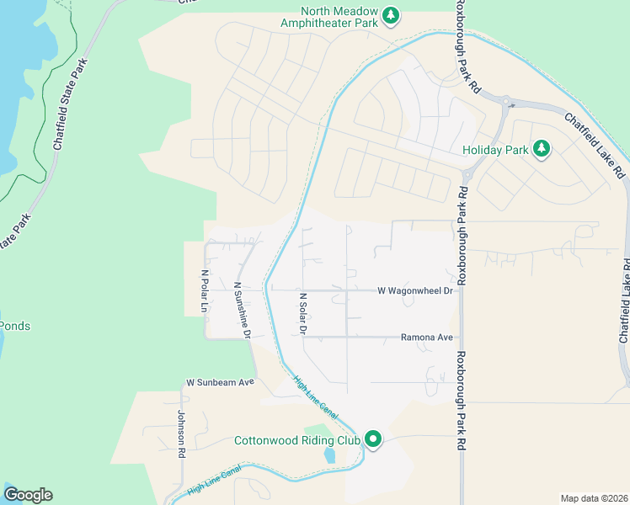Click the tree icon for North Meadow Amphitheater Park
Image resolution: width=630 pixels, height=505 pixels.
(390, 14)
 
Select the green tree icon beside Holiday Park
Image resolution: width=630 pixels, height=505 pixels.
(542, 150)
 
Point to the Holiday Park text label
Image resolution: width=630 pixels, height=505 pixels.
(495, 151)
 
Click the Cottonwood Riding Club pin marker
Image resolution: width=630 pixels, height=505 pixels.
(373, 439)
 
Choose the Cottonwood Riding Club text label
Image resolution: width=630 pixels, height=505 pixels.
(296, 440)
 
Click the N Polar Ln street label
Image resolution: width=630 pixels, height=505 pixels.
(204, 291)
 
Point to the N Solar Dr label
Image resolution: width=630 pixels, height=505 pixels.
(302, 313)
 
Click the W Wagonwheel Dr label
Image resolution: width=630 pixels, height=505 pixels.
(415, 290)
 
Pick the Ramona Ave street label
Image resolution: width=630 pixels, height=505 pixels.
(426, 337)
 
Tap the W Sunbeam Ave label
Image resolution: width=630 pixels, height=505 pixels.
(221, 381)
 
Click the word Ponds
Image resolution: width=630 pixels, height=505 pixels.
(14, 326)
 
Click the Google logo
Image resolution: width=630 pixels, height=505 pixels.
(28, 495)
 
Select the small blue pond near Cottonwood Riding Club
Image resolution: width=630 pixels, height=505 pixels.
(329, 456)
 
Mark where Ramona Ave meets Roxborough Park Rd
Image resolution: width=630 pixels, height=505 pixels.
(462, 337)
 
